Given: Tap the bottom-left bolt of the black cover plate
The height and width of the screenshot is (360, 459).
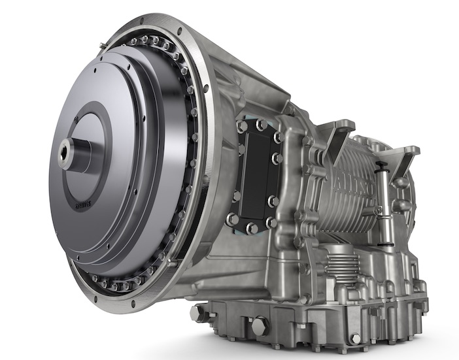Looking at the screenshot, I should [232, 220].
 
